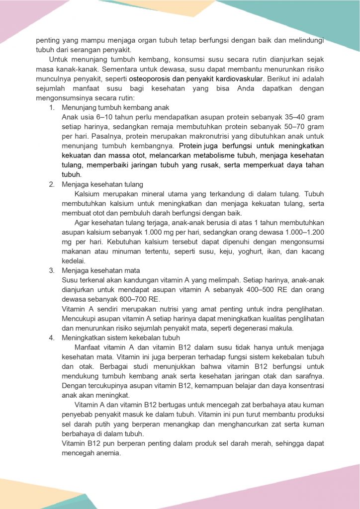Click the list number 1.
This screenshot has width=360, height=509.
pos(51,108)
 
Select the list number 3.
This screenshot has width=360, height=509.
pos(51,270)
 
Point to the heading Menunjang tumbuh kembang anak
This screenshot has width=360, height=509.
pos(115,108)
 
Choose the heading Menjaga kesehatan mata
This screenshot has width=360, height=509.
pos(100,270)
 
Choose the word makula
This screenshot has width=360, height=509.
pos(310,328)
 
